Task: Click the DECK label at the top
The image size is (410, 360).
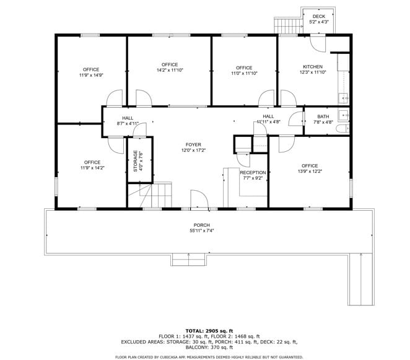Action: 318,16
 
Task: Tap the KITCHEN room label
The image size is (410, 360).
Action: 312,66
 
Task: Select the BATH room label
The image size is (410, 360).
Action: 323,116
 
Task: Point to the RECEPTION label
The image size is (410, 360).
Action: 253,173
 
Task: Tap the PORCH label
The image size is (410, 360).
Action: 201,225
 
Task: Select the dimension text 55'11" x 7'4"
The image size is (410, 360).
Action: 201,230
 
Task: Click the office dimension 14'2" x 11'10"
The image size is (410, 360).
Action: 170,70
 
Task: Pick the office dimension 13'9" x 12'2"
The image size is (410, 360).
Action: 310,172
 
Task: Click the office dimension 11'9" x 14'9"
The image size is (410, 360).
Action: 91,75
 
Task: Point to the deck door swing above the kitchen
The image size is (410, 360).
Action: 316,43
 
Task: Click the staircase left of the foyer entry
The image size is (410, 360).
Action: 154,196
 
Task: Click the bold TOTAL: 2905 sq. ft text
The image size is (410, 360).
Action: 209,331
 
